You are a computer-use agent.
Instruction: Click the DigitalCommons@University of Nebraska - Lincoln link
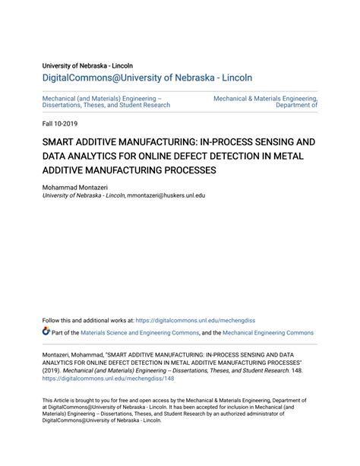[x=147, y=78]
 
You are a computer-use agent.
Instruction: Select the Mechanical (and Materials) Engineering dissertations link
[x=106, y=102]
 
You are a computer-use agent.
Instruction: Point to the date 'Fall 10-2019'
[x=60, y=123]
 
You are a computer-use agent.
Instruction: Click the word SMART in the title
[x=60, y=142]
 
